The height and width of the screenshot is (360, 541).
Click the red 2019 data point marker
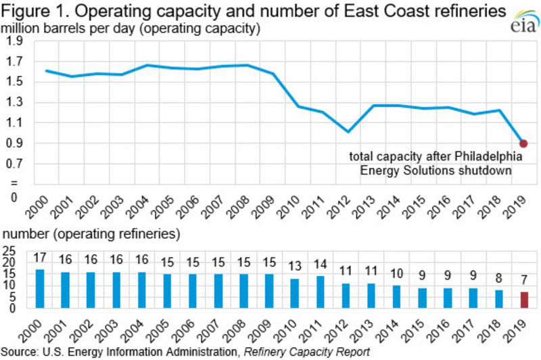523,143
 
